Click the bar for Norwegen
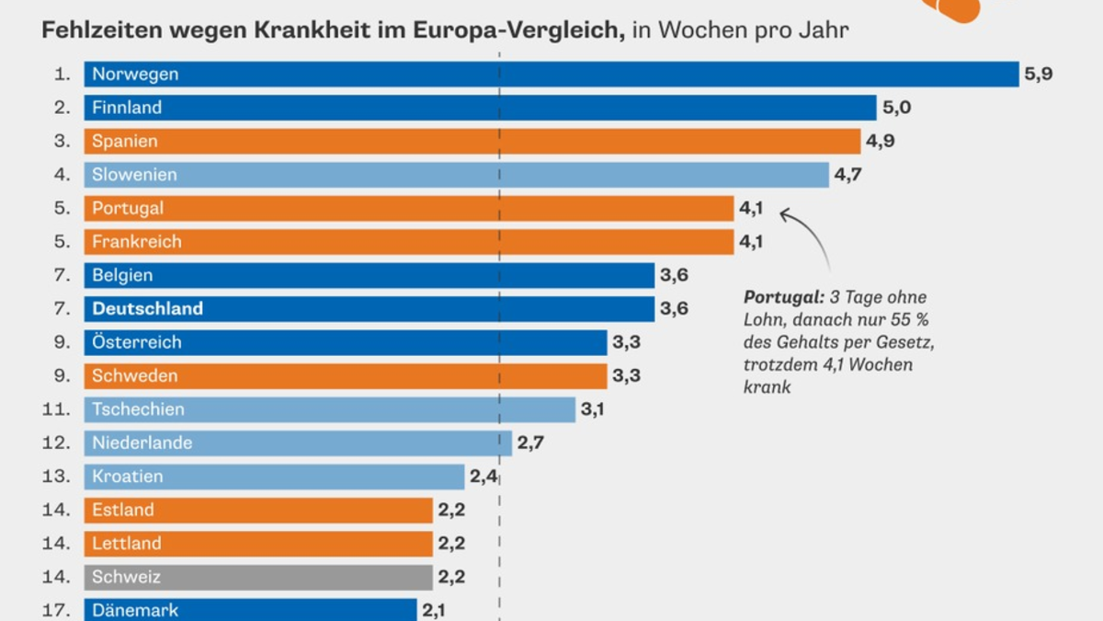(551, 75)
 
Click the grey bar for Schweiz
(258, 577)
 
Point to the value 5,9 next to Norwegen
(1038, 75)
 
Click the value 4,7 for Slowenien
(848, 175)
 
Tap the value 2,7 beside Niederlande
(530, 443)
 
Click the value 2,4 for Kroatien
(483, 477)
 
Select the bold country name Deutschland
(147, 309)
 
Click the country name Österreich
(137, 342)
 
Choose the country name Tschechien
(138, 409)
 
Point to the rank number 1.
(62, 75)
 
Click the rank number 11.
(56, 409)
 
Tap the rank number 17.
(56, 609)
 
